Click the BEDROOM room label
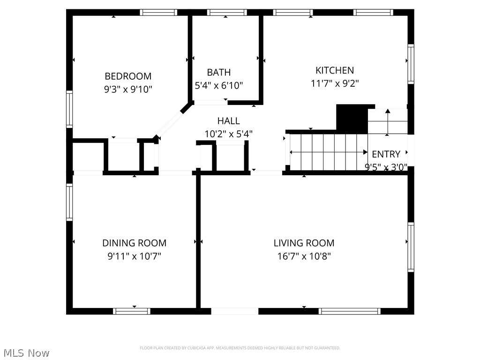point(128,76)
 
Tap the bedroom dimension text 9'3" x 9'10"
point(128,89)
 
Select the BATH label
point(219,72)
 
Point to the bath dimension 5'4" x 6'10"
point(219,85)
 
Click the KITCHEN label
point(335,70)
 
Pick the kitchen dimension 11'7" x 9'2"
point(335,83)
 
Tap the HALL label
point(228,121)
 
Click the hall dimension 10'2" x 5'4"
point(228,134)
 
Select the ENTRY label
point(386,154)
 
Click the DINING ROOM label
point(134,243)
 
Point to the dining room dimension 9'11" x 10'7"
point(134,256)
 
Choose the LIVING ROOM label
point(304,243)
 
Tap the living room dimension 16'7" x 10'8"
point(304,256)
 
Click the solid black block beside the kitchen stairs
point(352,119)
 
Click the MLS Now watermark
point(26,352)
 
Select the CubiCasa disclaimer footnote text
point(240,348)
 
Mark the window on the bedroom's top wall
point(159,13)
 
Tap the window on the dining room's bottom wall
point(132,311)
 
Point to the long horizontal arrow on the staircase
point(329,152)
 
